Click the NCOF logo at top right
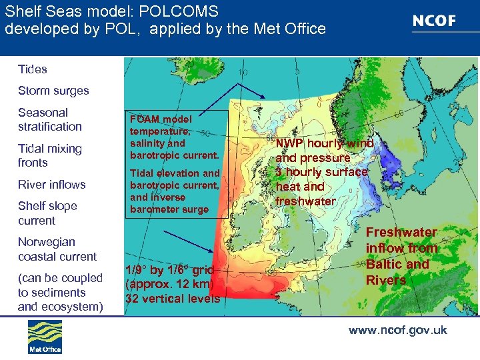[x=434, y=21]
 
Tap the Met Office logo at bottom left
[x=45, y=337]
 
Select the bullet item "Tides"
[x=33, y=69]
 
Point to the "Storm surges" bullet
[x=53, y=91]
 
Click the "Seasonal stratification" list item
[x=50, y=119]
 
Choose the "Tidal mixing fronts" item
[x=50, y=155]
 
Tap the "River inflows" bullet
[x=52, y=185]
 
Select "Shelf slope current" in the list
[x=47, y=213]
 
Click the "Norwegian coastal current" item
[x=57, y=249]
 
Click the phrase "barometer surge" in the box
[x=169, y=209]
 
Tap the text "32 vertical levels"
[x=173, y=299]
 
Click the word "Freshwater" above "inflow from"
[x=402, y=233]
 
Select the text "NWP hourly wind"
[x=325, y=143]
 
